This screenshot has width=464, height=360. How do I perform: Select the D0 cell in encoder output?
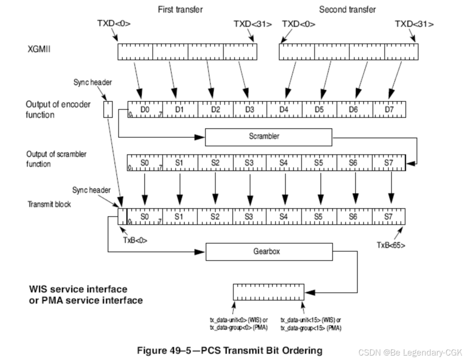(x=145, y=110)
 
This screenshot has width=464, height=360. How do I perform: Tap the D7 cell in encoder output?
(x=389, y=110)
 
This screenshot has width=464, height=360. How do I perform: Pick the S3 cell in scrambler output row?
(x=250, y=162)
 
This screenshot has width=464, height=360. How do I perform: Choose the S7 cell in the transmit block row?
(x=389, y=215)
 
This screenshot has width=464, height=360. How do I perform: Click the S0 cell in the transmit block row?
(x=145, y=215)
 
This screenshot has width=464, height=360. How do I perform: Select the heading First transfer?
(x=180, y=10)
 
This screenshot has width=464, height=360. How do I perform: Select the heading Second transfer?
(x=348, y=10)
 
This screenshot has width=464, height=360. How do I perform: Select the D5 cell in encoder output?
(x=319, y=110)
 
